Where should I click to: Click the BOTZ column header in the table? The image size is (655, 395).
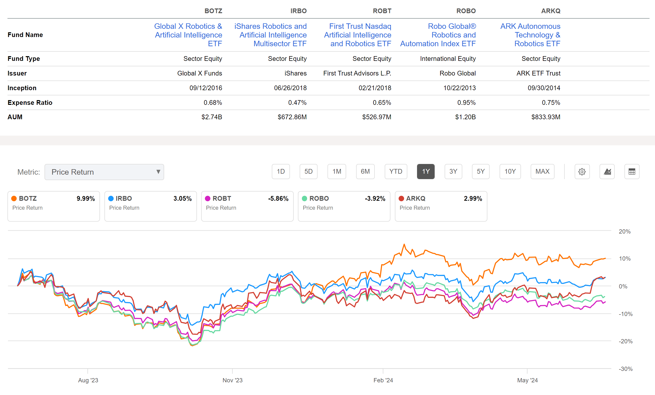213,11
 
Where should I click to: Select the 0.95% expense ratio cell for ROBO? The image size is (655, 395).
466,103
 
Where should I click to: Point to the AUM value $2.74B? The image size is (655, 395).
212,117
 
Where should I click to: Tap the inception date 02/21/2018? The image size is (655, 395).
375,88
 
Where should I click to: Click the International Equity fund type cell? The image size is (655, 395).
448,59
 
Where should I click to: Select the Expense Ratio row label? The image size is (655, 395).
30,103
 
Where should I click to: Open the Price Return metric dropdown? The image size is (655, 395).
104,172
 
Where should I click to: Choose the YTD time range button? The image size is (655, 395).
396,172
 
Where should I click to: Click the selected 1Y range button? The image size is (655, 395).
425,172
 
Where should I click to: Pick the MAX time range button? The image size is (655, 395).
542,172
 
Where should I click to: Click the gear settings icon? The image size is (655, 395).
582,172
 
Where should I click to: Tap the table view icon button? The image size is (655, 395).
632,172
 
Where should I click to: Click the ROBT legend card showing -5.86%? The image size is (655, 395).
247,206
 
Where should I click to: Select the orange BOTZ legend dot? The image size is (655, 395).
14,198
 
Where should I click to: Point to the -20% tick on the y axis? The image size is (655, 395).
625,341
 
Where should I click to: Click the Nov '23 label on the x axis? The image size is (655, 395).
232,380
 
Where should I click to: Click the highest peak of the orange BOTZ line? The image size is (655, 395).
404,244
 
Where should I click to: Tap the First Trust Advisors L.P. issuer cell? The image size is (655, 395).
357,73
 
